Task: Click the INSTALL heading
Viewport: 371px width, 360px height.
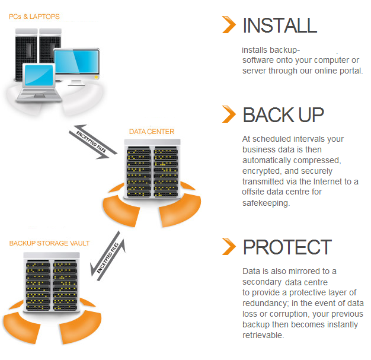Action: coord(279,25)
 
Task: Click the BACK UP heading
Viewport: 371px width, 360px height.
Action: coord(283,114)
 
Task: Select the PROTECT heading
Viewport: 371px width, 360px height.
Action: coord(287,247)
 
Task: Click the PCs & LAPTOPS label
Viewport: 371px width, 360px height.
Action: coord(34,17)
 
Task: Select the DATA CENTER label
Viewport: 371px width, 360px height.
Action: coord(152,131)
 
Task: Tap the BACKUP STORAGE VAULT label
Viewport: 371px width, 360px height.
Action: coord(49,243)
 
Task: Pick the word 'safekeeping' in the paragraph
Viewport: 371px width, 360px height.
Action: coord(266,203)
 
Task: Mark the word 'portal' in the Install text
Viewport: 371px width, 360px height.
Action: coord(348,71)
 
